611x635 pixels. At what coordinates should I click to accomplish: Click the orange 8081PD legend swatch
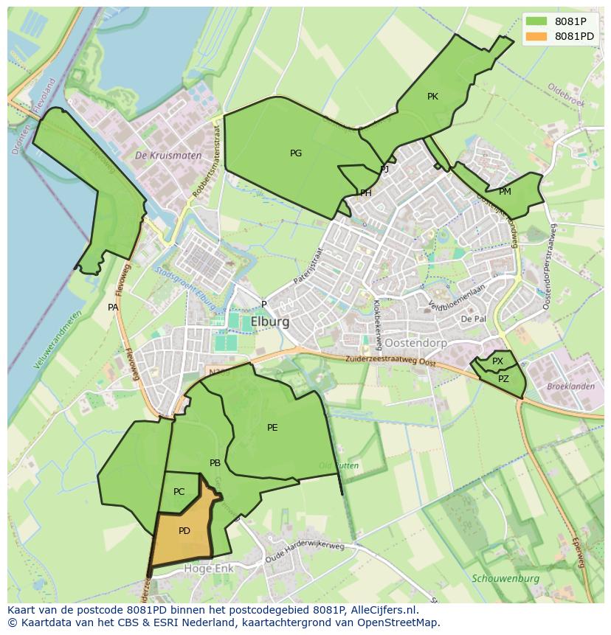point(537,36)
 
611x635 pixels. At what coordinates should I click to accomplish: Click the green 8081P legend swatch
point(537,21)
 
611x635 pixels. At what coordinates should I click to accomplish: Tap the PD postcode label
point(184,531)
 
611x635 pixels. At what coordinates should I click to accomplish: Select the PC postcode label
point(179,492)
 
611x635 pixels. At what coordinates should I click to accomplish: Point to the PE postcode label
point(272,428)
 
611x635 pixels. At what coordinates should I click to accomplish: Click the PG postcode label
point(296,153)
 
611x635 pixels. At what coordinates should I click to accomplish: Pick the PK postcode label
point(432,97)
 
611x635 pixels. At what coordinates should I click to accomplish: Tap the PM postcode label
point(505,192)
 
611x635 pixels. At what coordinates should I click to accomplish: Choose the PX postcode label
point(498,361)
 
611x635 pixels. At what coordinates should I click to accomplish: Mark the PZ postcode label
point(503,379)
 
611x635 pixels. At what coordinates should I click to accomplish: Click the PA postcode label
point(113,308)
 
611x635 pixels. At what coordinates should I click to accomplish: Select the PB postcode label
point(215,463)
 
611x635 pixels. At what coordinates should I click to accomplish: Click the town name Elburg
point(270,322)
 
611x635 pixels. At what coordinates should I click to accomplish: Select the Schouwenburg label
point(505,579)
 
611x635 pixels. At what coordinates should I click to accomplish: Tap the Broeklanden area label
point(570,386)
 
